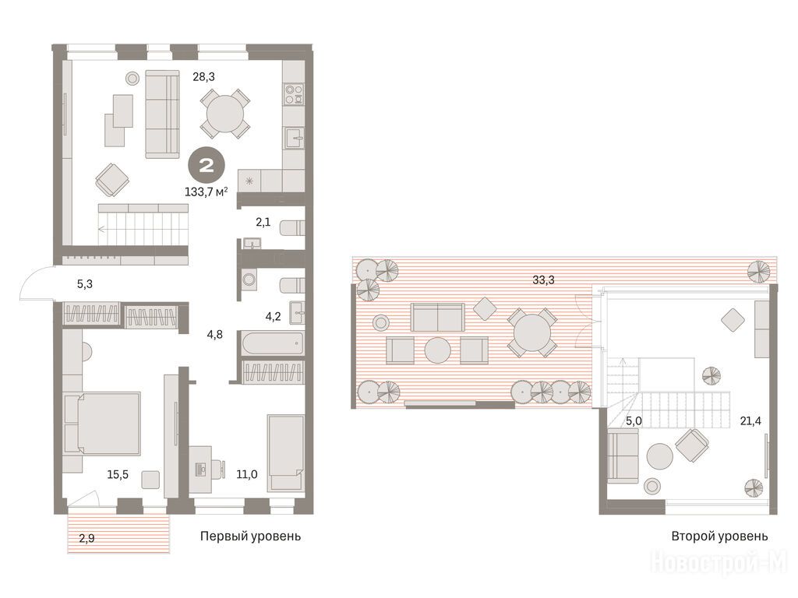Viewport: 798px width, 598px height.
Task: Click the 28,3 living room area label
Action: pos(203,77)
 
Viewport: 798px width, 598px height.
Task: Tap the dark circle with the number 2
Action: pos(206,165)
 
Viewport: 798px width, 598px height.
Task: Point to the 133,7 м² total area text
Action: pos(206,192)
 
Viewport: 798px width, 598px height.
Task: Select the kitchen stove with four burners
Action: pos(294,94)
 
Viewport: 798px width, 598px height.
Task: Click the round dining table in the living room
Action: pos(225,114)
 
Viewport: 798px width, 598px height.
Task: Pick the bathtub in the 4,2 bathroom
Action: pos(272,343)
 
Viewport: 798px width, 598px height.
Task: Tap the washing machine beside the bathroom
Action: pos(249,280)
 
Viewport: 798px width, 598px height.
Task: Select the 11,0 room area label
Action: pos(247,474)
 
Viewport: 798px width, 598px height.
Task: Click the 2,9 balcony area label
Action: pos(87,538)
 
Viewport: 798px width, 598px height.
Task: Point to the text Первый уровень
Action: pos(250,536)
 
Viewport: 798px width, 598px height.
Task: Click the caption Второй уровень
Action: pos(719,536)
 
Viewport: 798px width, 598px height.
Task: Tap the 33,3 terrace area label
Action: pos(543,280)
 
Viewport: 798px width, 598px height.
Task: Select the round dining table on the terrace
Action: pos(531,332)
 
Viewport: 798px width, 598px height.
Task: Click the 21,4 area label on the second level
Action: pos(750,420)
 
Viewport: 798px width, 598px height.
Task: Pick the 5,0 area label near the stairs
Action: pos(634,421)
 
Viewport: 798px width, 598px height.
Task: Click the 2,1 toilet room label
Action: pos(263,222)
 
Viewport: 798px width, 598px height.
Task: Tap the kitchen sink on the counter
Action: pos(294,138)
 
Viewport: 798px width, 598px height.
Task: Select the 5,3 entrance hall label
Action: pos(85,283)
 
